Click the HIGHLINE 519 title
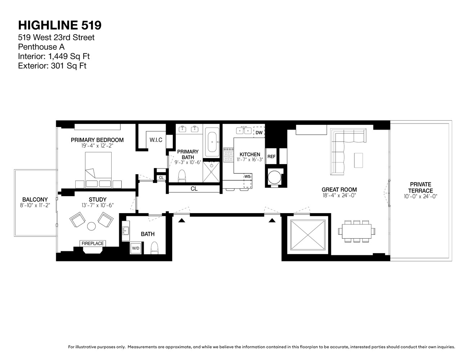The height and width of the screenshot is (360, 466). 60,25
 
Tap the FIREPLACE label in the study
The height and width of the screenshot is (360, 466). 93,243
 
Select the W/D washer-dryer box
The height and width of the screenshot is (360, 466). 136,248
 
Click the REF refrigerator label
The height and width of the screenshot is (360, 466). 271,157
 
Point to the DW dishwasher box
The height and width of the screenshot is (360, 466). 259,132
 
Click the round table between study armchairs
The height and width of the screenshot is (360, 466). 91,226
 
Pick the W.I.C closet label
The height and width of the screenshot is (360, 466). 156,140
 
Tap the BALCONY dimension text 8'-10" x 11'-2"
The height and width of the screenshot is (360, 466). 35,206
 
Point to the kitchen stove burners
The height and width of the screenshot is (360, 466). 228,155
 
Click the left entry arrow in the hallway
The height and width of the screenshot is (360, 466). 182,220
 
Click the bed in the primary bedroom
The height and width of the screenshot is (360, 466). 98,169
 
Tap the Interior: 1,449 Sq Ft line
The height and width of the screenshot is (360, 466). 54,56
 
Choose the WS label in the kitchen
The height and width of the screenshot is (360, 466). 247,176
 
